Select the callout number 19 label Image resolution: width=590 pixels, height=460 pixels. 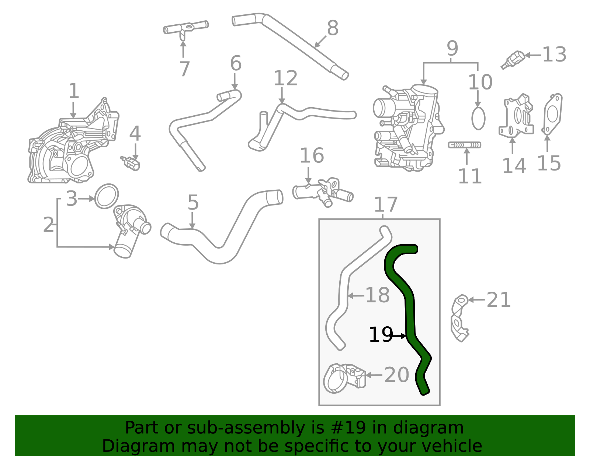click(381, 335)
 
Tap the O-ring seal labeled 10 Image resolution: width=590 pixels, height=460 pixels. click(478, 119)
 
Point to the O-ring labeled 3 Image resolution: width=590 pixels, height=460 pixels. click(106, 196)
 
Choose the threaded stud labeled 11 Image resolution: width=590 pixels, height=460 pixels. click(464, 145)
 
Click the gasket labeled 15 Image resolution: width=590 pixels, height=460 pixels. click(552, 114)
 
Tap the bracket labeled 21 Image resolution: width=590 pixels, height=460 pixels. click(459, 318)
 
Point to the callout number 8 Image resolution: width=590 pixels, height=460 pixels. click(333, 28)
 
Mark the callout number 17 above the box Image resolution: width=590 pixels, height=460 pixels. click(386, 204)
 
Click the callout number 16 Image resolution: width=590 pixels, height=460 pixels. click(312, 155)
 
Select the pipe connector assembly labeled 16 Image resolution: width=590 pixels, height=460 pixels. click(323, 193)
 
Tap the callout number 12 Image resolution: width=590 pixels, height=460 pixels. click(286, 78)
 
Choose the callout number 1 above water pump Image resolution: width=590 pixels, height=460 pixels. click(74, 91)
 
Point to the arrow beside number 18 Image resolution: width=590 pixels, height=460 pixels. click(356, 295)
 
